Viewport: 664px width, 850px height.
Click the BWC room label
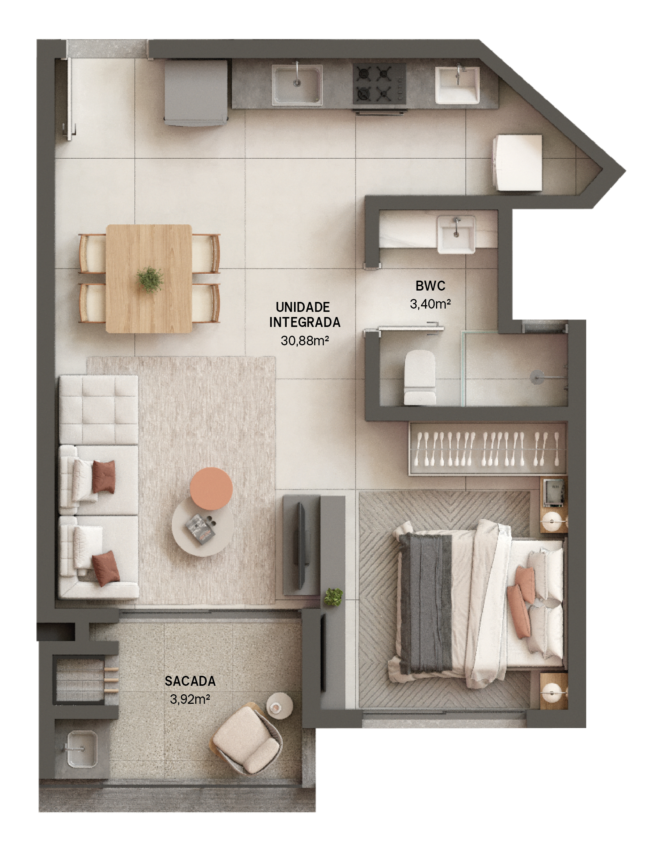click(x=430, y=286)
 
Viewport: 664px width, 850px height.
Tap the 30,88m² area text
click(x=305, y=341)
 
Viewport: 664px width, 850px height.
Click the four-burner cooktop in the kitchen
click(x=380, y=84)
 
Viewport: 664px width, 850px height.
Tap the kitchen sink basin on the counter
click(x=297, y=84)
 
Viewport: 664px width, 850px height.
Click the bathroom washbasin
click(x=456, y=234)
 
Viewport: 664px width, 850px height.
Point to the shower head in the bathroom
click(x=537, y=377)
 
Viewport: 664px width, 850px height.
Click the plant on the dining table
click(x=150, y=279)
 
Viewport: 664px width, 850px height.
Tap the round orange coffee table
click(x=211, y=489)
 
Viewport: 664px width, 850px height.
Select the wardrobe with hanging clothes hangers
click(x=488, y=449)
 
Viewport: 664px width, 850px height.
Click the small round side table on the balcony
click(x=279, y=705)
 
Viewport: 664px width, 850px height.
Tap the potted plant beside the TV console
click(x=333, y=596)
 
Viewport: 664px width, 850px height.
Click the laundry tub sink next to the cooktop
click(x=457, y=85)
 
